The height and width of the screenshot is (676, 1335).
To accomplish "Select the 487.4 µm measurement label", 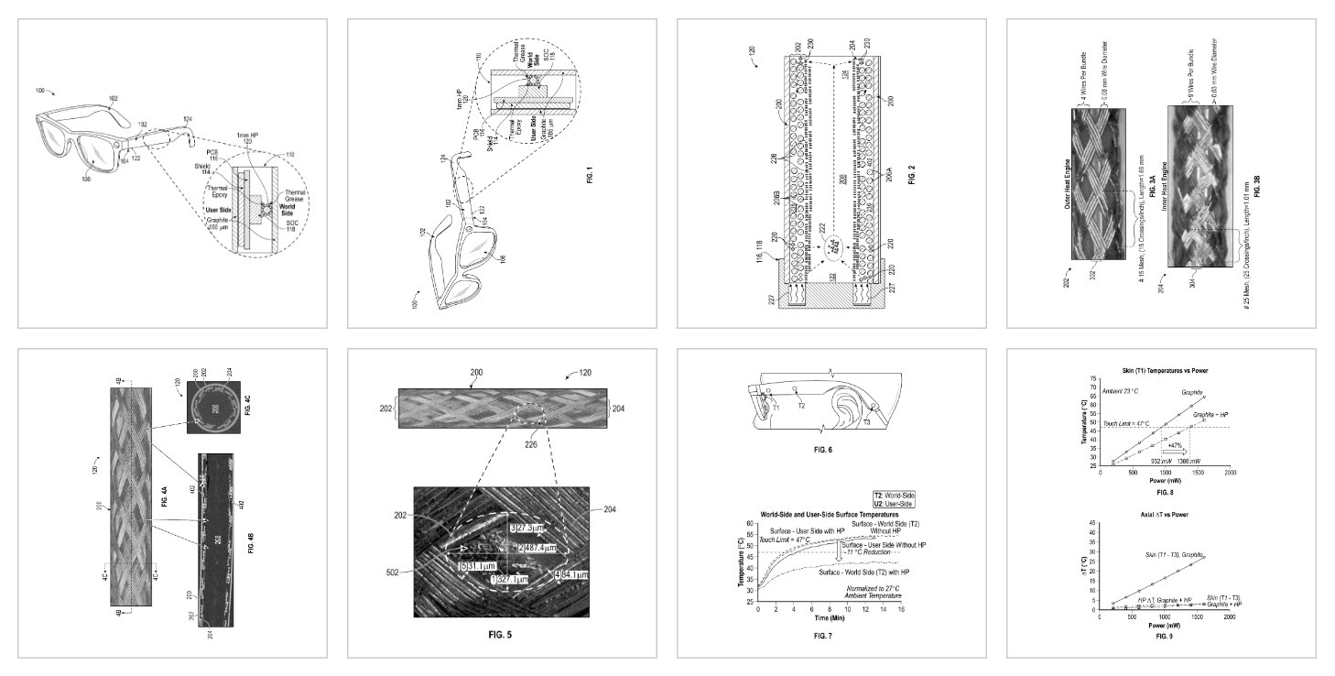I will [530, 548].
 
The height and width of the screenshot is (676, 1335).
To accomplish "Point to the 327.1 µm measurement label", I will [508, 579].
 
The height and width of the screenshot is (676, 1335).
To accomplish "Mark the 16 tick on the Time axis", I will [901, 610].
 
